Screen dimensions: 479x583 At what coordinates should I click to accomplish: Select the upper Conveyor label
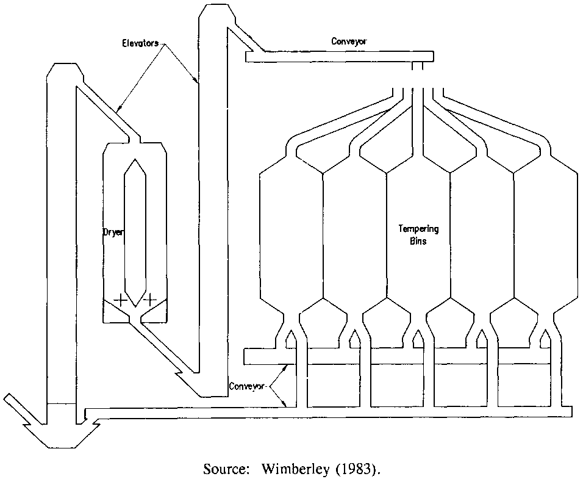(349, 42)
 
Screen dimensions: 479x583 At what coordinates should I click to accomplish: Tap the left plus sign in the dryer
(121, 300)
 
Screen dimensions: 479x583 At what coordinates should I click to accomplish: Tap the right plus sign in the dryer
(149, 300)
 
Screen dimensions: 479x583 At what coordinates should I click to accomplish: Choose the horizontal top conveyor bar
(339, 57)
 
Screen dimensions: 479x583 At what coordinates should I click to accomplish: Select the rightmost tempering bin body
(545, 238)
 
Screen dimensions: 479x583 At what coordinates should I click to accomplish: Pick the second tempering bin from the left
(355, 238)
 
